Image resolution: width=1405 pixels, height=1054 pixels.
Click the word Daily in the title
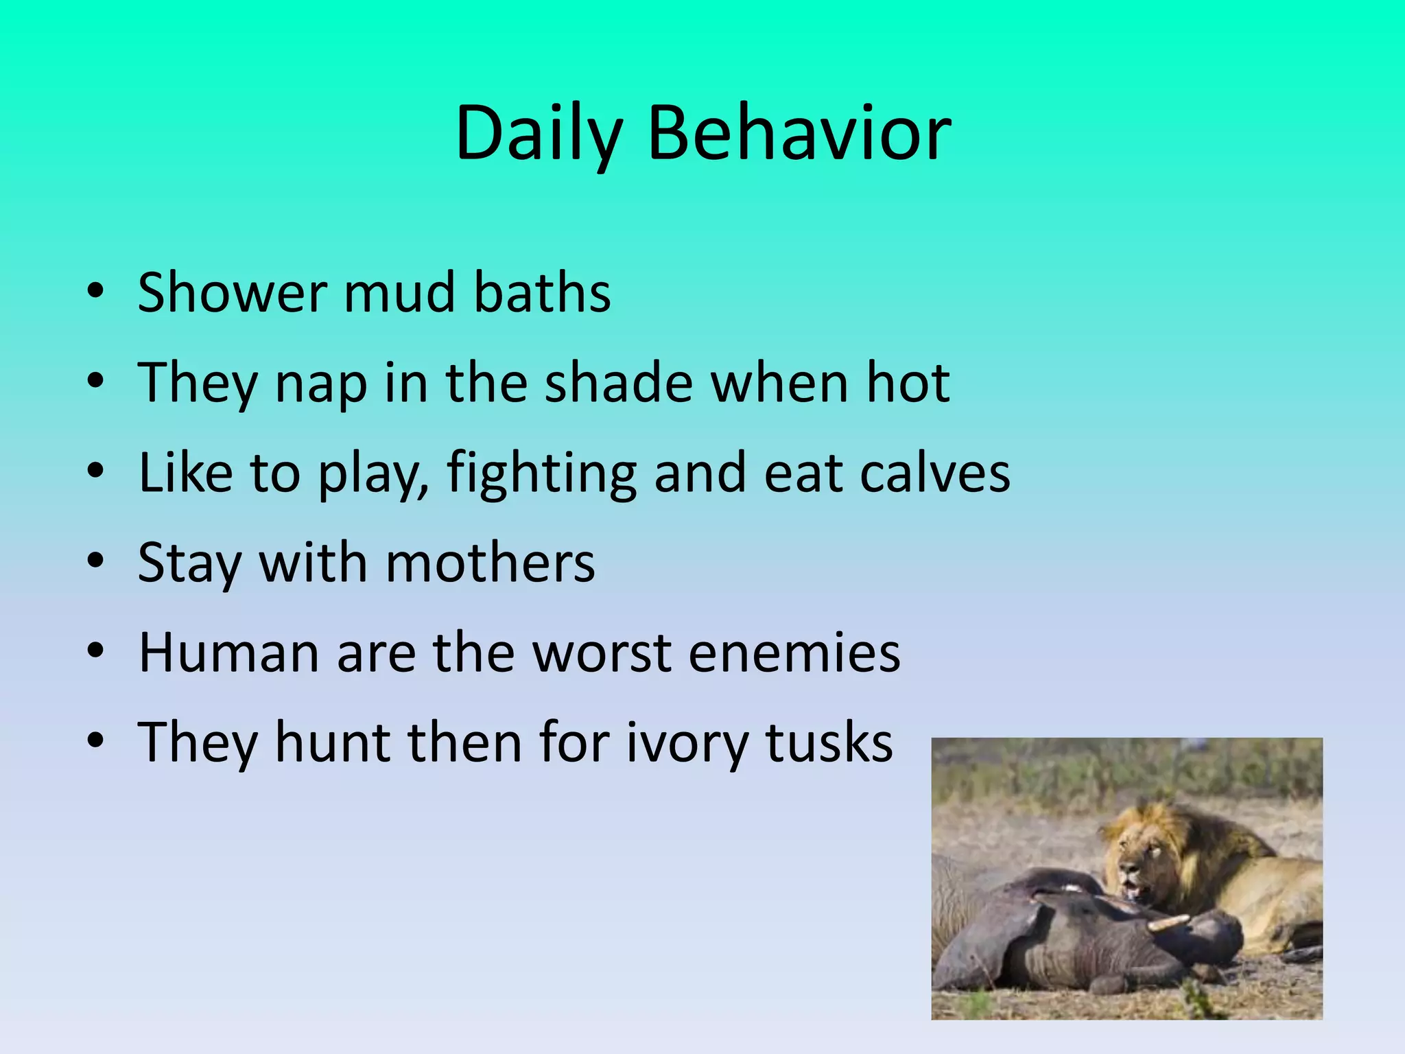(x=539, y=134)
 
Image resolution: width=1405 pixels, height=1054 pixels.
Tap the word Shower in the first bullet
(x=231, y=292)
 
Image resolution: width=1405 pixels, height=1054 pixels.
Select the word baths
(x=542, y=292)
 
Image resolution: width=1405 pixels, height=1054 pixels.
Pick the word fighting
(x=542, y=473)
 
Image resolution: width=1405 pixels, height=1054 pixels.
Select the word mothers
(x=490, y=563)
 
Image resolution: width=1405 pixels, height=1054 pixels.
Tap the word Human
(x=228, y=653)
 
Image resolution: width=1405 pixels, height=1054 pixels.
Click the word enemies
(x=794, y=653)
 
